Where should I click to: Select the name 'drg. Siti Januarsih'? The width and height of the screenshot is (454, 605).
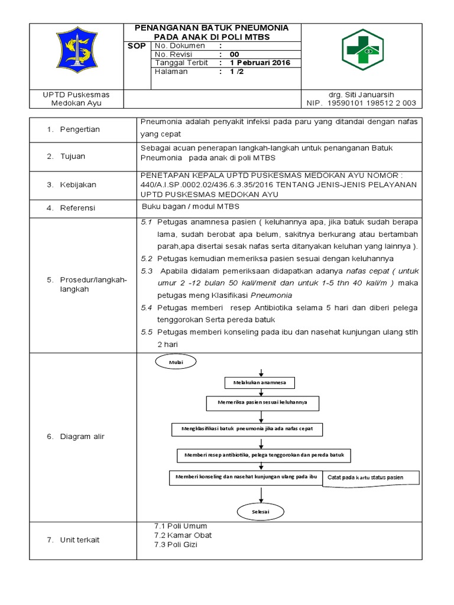point(361,95)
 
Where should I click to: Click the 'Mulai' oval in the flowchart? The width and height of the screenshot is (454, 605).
point(176,361)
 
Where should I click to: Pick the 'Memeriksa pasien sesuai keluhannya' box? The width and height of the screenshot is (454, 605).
point(262,404)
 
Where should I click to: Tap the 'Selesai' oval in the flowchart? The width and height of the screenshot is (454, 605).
point(261,512)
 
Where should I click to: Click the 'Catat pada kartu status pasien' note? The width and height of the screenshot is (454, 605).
point(371,477)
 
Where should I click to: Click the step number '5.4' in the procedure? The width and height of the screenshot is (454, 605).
point(147,308)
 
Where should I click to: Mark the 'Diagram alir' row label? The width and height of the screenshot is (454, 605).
point(82,437)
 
